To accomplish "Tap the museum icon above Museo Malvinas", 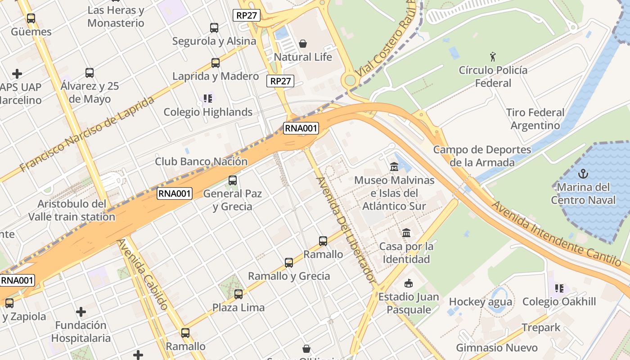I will tap(394, 167).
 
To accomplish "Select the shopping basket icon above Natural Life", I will tap(303, 44).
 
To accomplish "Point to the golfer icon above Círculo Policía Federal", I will tap(493, 57).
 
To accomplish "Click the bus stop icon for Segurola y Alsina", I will tap(214, 28).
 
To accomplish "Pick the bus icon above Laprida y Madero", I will tap(216, 63).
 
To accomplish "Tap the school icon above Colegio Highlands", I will tap(207, 98).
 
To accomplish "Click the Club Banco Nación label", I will tap(201, 161).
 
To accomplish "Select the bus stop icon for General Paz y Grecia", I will tap(232, 180).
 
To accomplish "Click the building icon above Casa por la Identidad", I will tap(406, 233).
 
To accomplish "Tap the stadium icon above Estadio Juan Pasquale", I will tap(408, 283).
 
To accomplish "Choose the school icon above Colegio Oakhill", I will tap(559, 288).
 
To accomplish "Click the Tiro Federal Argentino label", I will tap(535, 119).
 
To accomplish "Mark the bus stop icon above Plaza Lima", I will tap(238, 294).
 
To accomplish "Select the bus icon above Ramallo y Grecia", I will tap(289, 263).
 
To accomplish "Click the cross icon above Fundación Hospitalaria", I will tap(81, 311).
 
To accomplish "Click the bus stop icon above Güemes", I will tap(31, 18).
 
